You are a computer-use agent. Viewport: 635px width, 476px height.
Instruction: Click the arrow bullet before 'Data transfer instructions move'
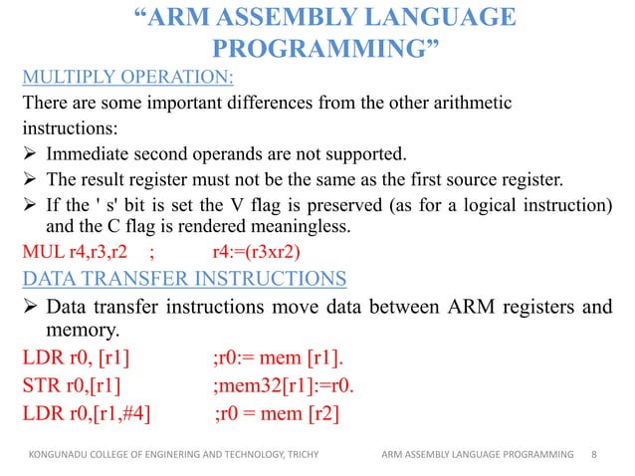(x=31, y=307)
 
